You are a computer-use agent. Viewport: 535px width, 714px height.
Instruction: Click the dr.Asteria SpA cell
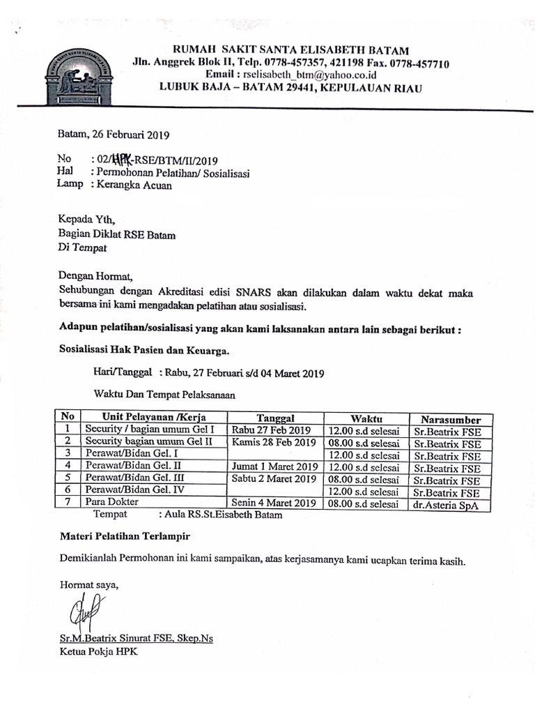(x=446, y=506)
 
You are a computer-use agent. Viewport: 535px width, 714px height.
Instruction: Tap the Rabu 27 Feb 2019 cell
(x=271, y=430)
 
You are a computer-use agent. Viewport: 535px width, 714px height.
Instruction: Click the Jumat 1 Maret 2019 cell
(x=274, y=466)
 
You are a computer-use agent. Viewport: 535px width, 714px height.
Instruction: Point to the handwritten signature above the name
(x=78, y=614)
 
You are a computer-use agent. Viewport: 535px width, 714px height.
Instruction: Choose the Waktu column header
(x=366, y=418)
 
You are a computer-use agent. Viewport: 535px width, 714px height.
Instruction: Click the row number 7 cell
(x=68, y=502)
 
